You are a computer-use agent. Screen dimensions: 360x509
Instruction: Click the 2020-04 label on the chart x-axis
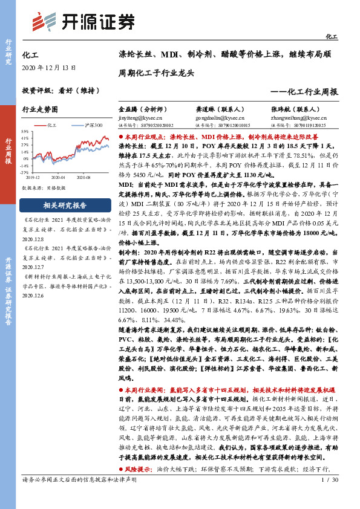coord(58,178)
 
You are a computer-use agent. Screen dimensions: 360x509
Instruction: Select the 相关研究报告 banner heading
coord(65,206)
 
